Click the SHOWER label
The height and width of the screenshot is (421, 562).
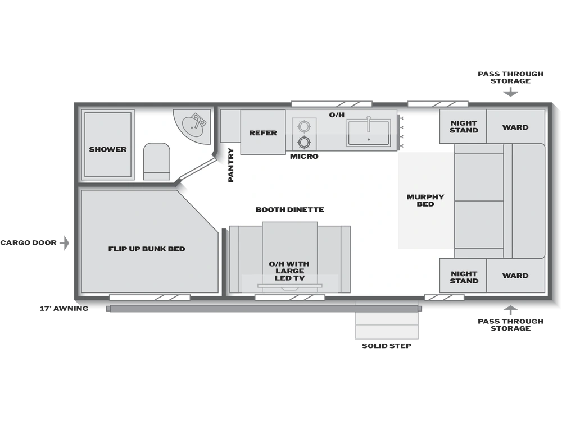(107, 149)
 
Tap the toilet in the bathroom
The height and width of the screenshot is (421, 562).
(157, 162)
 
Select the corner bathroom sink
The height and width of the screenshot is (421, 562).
(193, 125)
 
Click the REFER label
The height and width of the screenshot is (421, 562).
(262, 133)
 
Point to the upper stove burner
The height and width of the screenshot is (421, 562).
(304, 126)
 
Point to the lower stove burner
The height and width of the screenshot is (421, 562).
(304, 142)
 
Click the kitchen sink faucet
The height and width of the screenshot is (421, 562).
(368, 124)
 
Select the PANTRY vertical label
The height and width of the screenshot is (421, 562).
(231, 165)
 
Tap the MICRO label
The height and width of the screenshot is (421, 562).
(304, 157)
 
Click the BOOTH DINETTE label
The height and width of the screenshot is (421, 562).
(289, 209)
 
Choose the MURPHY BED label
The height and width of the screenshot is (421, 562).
(425, 200)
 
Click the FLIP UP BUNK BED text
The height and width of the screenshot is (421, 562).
(147, 249)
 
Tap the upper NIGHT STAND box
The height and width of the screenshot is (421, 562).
(463, 126)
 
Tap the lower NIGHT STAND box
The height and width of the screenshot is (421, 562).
(463, 276)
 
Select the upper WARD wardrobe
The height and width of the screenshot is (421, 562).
(515, 126)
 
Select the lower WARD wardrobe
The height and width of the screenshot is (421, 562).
(515, 276)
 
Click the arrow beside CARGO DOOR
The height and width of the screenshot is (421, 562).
(65, 242)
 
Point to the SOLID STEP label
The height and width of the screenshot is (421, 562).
(387, 346)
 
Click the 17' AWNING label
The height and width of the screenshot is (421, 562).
(64, 309)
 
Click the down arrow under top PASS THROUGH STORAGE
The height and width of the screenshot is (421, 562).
(510, 93)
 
